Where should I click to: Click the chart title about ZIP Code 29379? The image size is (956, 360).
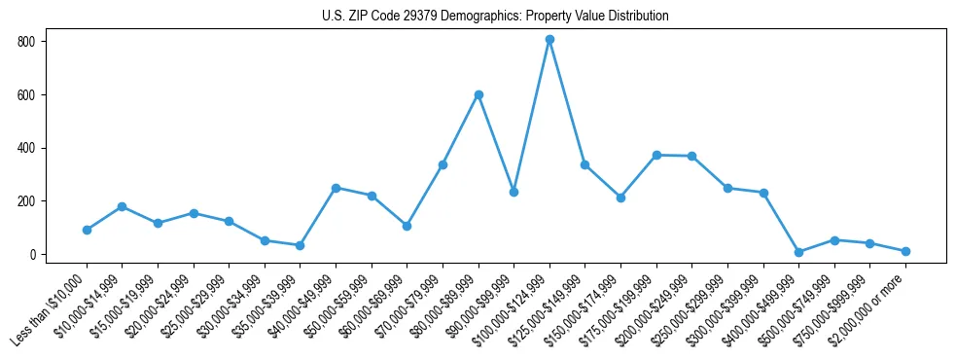495,16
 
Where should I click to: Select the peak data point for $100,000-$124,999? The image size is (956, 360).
549,40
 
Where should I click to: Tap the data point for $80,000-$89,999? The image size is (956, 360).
478,94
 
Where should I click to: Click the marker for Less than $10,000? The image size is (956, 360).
87,230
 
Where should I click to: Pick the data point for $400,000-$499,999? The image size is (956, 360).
798,252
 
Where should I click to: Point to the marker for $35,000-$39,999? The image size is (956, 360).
301,245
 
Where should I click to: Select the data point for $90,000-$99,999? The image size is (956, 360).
513,192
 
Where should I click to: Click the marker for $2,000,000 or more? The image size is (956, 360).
905,251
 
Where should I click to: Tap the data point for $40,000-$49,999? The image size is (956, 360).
336,188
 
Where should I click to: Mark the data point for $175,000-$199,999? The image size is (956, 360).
656,155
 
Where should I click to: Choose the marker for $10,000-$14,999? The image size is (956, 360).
122,206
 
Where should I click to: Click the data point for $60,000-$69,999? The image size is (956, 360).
407,226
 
